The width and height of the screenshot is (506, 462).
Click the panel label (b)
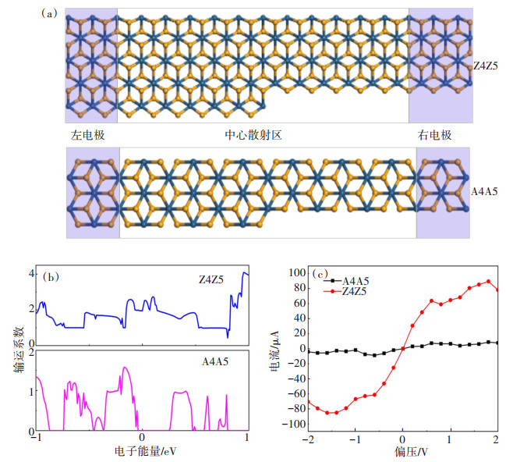pyautogui.click(x=51, y=276)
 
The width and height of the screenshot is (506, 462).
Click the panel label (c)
pyautogui.click(x=320, y=273)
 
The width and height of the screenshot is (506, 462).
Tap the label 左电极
pyautogui.click(x=88, y=134)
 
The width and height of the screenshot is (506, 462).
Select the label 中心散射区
pyautogui.click(x=253, y=134)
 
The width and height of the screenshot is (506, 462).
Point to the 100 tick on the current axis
pyautogui.click(x=296, y=272)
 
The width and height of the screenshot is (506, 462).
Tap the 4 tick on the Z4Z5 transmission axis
pyautogui.click(x=30, y=274)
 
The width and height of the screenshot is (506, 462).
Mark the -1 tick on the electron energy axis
pyautogui.click(x=35, y=439)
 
